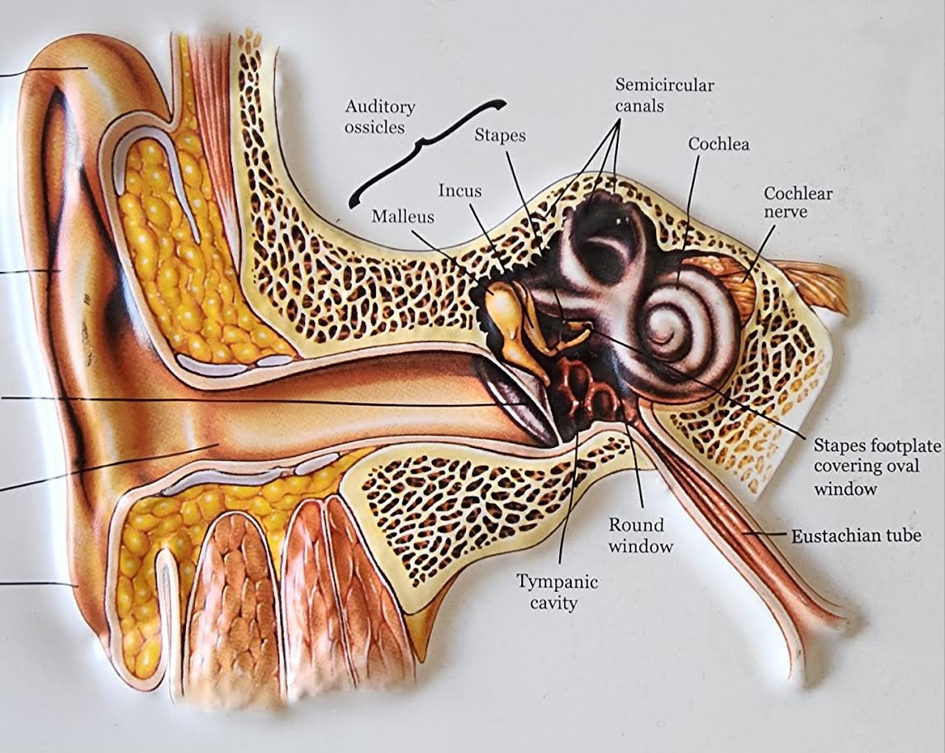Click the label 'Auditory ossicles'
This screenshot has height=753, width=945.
coord(380,117)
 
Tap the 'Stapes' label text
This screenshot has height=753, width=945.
coord(500,136)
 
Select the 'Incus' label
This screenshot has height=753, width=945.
coord(459,191)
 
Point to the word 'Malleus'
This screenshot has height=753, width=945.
coord(402,217)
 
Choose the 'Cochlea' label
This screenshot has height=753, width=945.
coord(719,144)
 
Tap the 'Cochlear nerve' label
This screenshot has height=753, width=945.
coord(797,203)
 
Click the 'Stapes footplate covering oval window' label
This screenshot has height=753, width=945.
coord(876,467)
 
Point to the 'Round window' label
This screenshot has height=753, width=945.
coord(641,535)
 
